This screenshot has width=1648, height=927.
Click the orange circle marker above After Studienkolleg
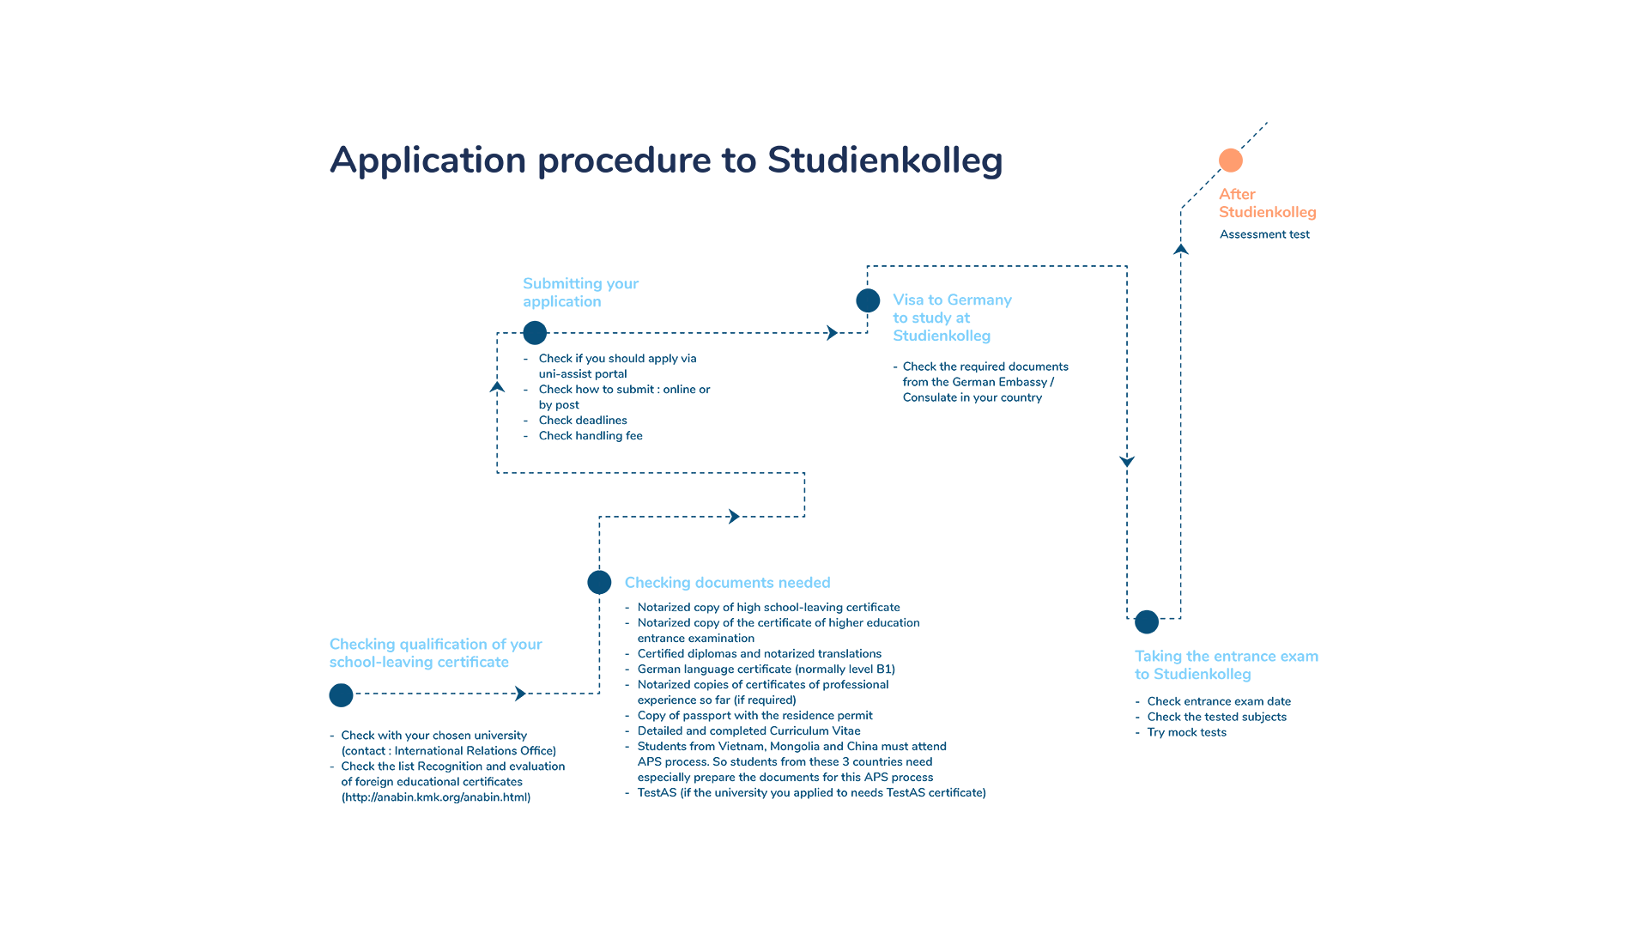pos(1230,161)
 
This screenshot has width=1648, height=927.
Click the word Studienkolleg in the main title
pos(885,161)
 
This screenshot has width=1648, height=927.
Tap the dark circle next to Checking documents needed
pos(599,582)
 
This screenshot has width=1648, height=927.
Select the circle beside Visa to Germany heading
pos(868,300)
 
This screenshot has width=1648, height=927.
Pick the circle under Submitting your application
pos(535,333)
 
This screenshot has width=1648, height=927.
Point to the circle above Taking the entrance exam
pos(1147,621)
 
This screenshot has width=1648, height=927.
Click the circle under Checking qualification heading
pos(341,695)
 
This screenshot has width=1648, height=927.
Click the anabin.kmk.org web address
pos(436,797)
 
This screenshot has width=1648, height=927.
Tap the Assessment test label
pos(1264,234)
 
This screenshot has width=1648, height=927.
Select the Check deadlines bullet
pos(583,421)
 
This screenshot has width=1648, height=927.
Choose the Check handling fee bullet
pos(591,436)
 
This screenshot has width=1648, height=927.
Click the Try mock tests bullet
pos(1187,732)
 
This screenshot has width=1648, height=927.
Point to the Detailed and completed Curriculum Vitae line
pos(748,731)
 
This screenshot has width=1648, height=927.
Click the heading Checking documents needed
pos(728,583)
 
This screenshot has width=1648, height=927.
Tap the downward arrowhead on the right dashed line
pos(1127,461)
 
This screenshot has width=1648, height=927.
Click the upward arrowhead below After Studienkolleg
pos(1181,250)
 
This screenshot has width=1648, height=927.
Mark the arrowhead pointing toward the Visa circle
pos(832,333)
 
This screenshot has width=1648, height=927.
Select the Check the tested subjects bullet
pos(1217,717)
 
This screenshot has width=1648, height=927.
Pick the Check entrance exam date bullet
pos(1219,701)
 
